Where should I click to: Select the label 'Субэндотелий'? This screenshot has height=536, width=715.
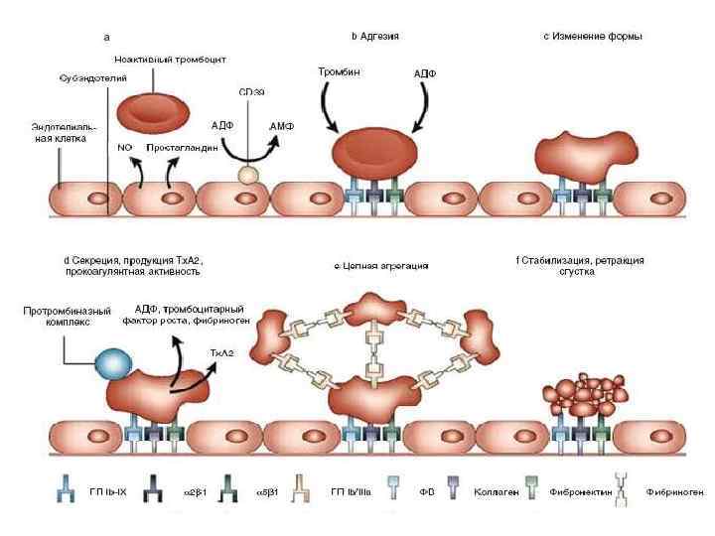pyautogui.click(x=86, y=77)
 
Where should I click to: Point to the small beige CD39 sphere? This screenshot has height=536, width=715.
pyautogui.click(x=248, y=175)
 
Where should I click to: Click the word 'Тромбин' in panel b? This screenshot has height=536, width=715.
pyautogui.click(x=338, y=72)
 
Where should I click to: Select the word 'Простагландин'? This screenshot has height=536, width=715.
pyautogui.click(x=182, y=148)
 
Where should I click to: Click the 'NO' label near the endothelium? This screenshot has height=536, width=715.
pyautogui.click(x=125, y=148)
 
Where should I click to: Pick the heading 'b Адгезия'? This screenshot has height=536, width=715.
pyautogui.click(x=375, y=37)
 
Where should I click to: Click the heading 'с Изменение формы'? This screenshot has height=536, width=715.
pyautogui.click(x=593, y=37)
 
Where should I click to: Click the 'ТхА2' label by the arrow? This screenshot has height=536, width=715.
pyautogui.click(x=221, y=352)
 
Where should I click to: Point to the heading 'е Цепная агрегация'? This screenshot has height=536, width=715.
pyautogui.click(x=382, y=266)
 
